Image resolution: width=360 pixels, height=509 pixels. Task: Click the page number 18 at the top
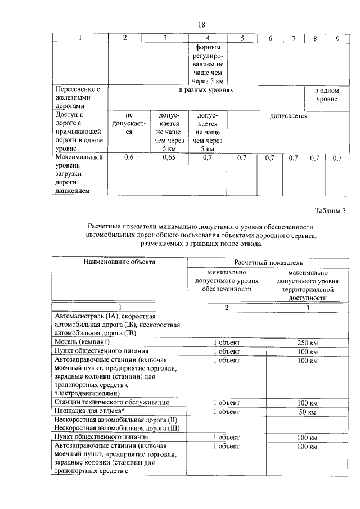coord(202,24)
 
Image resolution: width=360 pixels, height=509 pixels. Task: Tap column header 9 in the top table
coord(337,38)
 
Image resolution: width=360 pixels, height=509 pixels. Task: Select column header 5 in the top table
coord(242,38)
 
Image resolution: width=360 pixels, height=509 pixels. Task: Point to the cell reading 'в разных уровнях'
coord(206,90)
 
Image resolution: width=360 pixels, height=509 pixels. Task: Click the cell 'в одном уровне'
coord(326,94)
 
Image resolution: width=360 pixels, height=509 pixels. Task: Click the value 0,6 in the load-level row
coord(128,158)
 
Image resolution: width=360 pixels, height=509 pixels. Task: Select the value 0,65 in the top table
coord(168,158)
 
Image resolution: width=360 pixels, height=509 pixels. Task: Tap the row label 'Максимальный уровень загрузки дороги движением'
coord(78,174)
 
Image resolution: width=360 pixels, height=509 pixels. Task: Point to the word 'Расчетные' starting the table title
coord(106,226)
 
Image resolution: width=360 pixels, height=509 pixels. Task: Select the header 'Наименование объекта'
coord(119,262)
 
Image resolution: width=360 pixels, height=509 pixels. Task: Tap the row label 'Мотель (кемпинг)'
coord(82,341)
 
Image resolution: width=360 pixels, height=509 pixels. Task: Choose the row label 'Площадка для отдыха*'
coord(89,411)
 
